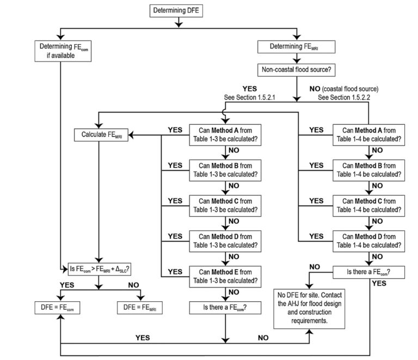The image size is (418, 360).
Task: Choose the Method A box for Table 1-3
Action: [x=225, y=134]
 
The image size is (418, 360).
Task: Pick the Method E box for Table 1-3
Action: [x=225, y=276]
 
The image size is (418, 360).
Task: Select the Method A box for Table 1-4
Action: [x=369, y=134]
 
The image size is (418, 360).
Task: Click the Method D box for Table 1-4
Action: [x=369, y=240]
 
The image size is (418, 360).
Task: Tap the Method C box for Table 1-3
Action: [x=225, y=205]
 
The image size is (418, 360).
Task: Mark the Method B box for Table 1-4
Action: [x=369, y=169]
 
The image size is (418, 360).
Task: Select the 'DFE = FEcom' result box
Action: [x=57, y=308]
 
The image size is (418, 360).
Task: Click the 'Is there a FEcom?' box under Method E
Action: [x=225, y=308]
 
